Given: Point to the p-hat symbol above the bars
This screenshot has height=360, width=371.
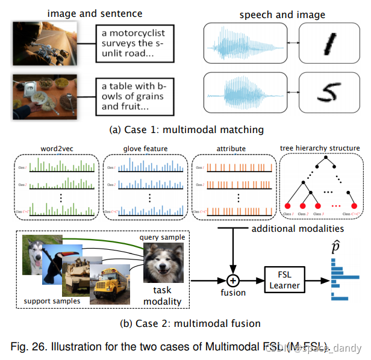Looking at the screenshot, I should [x=338, y=247].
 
